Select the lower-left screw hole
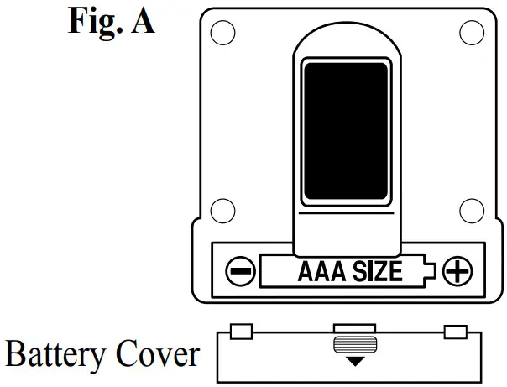click(x=222, y=211)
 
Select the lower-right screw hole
click(x=472, y=211)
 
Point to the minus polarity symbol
click(x=239, y=272)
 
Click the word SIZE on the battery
click(x=373, y=272)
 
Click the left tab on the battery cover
click(x=241, y=331)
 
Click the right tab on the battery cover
click(x=455, y=331)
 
